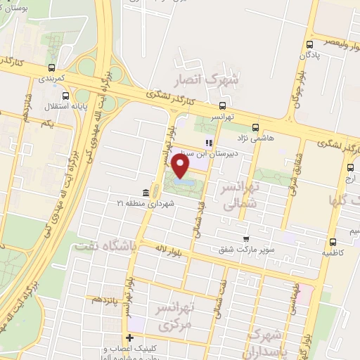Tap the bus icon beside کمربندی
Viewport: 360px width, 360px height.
(x=51, y=68)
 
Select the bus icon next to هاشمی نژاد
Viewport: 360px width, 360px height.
(x=254, y=128)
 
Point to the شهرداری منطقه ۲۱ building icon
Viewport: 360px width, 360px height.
(x=145, y=192)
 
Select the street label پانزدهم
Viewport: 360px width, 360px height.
(x=105, y=300)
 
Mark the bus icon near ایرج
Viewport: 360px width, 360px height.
(x=351, y=167)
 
